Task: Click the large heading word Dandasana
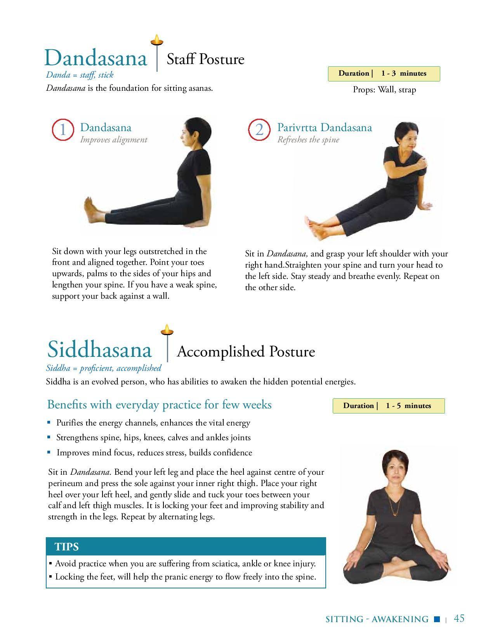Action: [x=96, y=58]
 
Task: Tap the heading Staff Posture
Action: [x=205, y=59]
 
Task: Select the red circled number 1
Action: [x=63, y=130]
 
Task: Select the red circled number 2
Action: [x=259, y=130]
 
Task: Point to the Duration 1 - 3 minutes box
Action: [x=384, y=74]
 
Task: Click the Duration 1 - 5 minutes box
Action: [x=389, y=406]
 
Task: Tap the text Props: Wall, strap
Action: [x=384, y=90]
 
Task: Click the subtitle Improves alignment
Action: [x=114, y=140]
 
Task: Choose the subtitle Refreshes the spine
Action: [x=308, y=140]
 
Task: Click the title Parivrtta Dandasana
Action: [x=325, y=128]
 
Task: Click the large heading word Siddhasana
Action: [x=100, y=349]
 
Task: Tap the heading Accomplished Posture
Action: [x=246, y=352]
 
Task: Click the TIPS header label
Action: [x=67, y=547]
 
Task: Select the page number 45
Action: [x=459, y=618]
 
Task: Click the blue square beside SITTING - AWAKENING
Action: [x=437, y=619]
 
